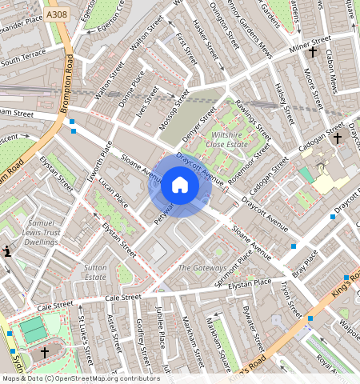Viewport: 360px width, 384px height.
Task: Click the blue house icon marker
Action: point(180,186)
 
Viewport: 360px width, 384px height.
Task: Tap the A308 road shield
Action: point(57,15)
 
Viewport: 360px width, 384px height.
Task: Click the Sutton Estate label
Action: point(95,271)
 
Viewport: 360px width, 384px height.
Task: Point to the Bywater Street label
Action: point(254,331)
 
